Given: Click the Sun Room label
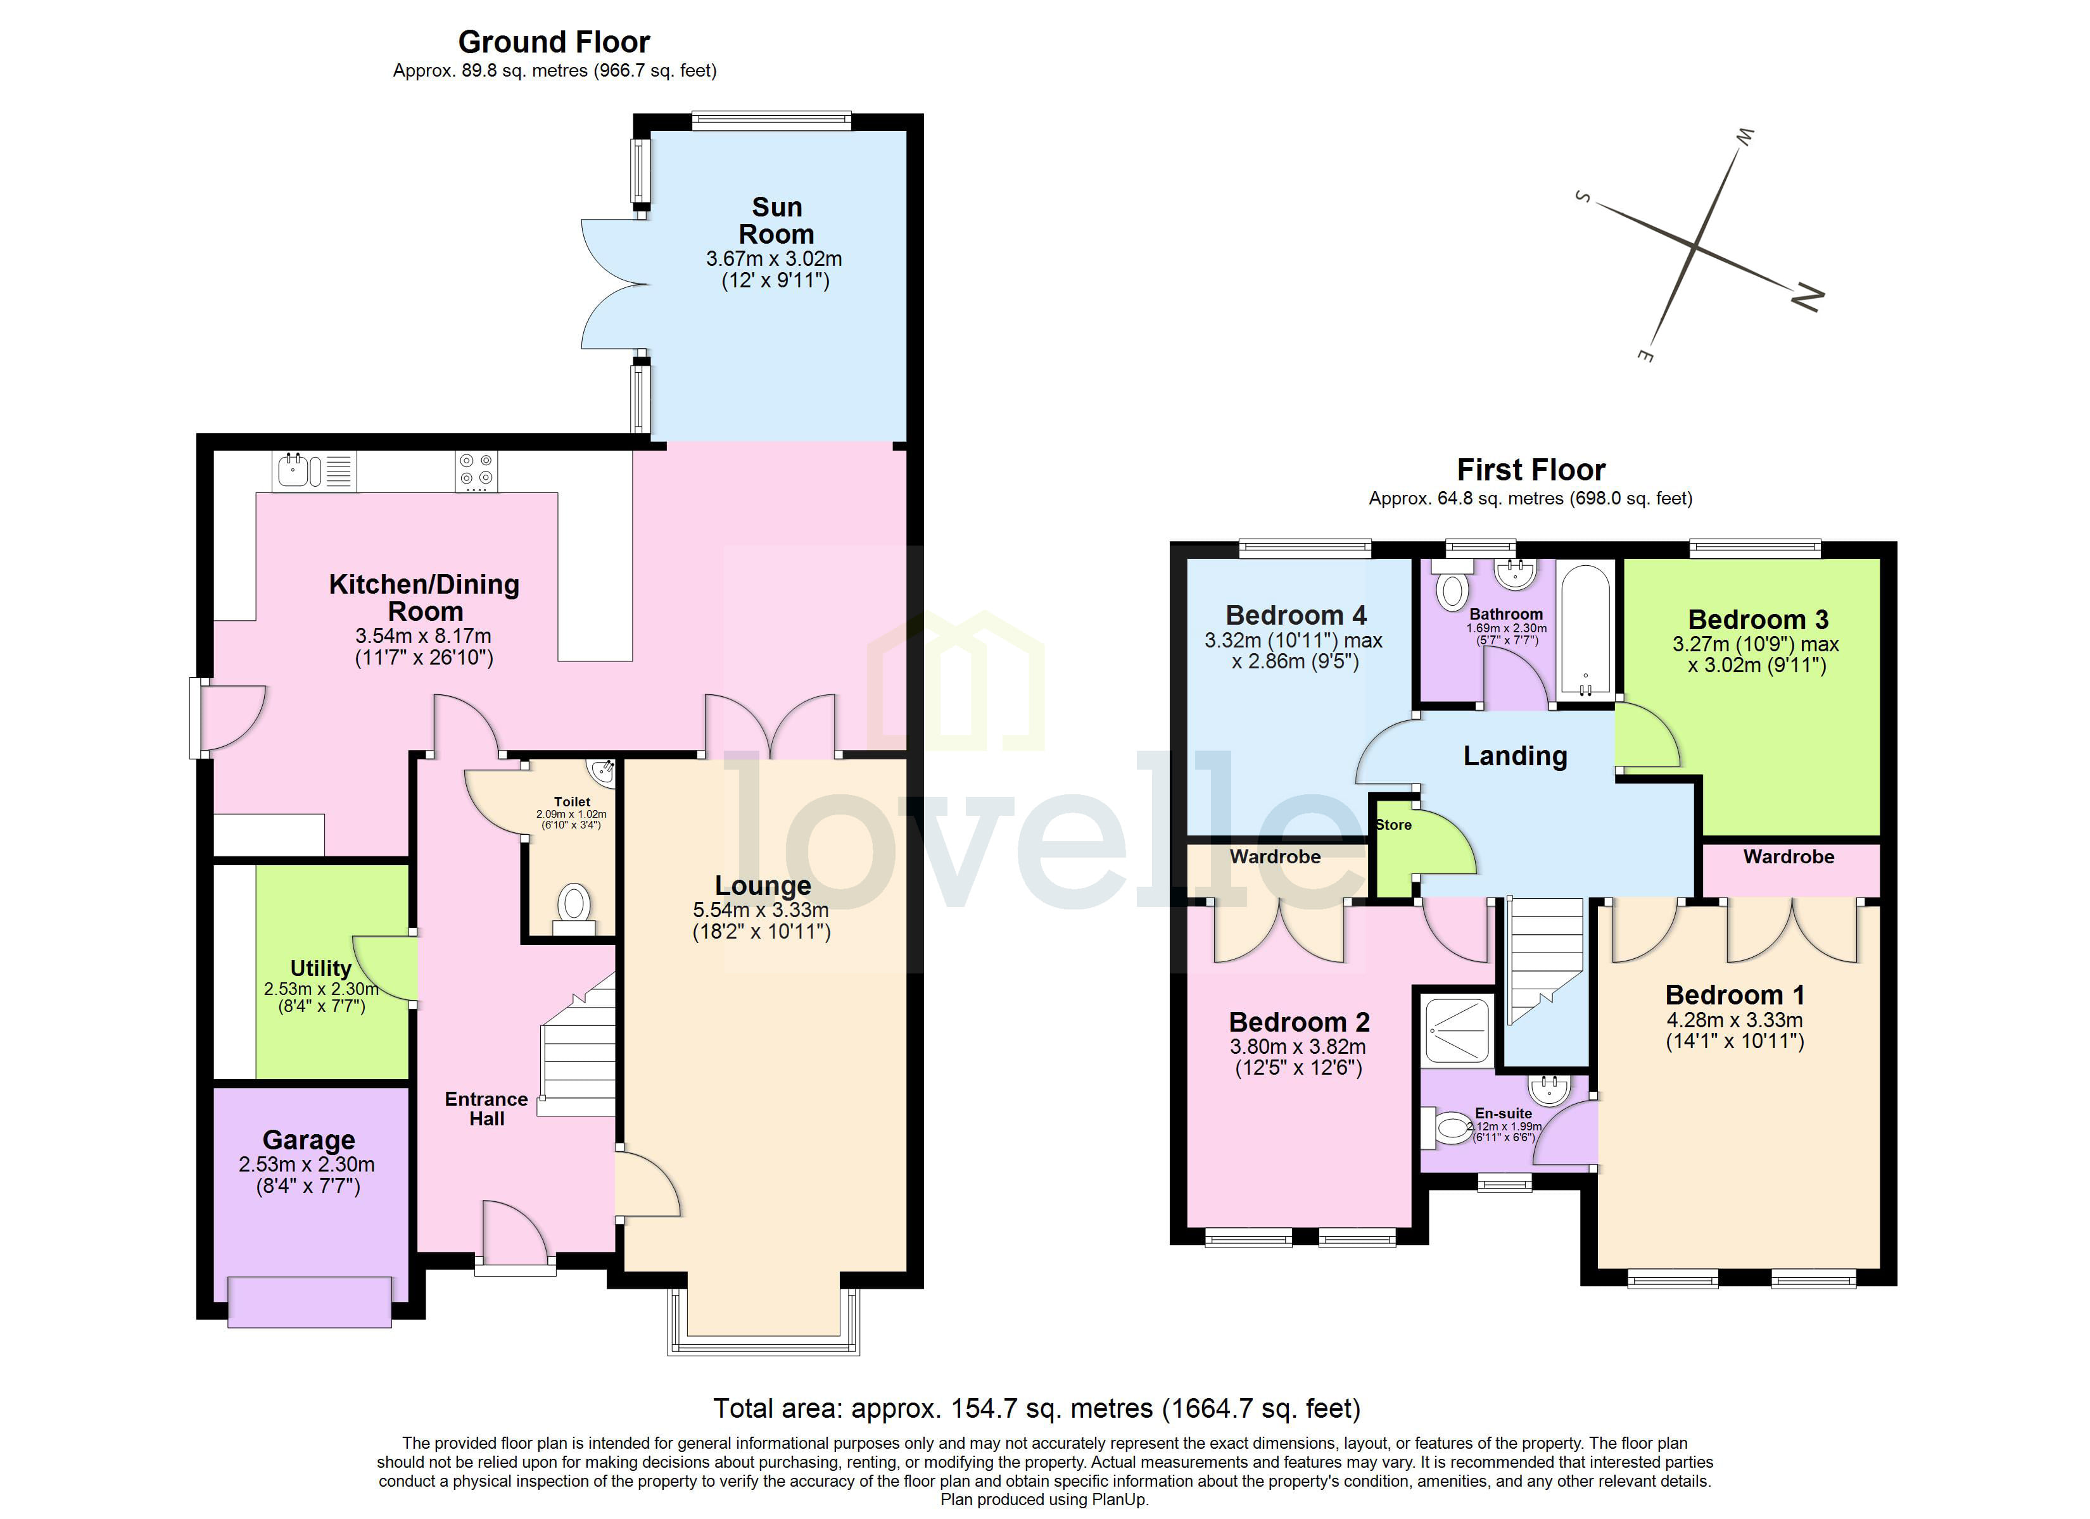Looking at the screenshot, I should tap(776, 221).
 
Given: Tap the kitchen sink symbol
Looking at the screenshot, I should tap(294, 471).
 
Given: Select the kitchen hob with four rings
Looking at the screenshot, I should tap(476, 471).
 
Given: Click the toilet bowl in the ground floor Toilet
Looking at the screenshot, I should tap(574, 904).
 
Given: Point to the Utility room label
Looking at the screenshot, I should tap(320, 968).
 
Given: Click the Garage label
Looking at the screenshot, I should tap(308, 1141).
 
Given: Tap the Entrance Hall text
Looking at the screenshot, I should tap(486, 1109).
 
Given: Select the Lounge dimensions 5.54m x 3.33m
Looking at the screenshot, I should tap(761, 910).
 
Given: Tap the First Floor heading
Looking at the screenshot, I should tap(1531, 470).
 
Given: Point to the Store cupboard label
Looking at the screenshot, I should tap(1393, 825).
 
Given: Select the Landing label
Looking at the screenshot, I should tap(1515, 756).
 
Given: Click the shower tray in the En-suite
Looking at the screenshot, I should tap(1457, 1029).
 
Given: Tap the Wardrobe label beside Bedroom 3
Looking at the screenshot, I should tap(1788, 857).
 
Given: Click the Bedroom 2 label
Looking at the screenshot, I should tap(1298, 1023).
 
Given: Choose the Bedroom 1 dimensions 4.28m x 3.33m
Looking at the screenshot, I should tap(1734, 1021).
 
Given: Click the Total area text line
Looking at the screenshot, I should tap(1037, 1408).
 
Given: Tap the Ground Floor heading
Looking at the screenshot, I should tap(554, 42).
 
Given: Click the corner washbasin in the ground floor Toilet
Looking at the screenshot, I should tap(603, 771).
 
